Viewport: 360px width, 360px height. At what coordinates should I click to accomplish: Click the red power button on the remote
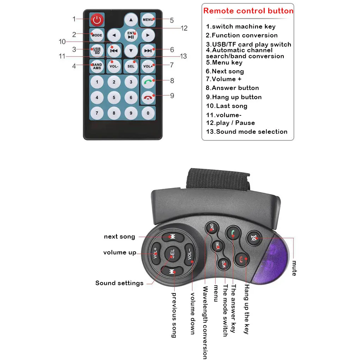tap(97, 20)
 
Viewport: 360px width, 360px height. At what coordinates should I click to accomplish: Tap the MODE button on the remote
tap(97, 35)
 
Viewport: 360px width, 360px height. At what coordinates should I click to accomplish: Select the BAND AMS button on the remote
tap(97, 66)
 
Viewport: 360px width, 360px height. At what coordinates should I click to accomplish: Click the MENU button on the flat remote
tap(148, 20)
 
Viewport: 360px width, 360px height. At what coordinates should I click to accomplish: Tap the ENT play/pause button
tap(131, 35)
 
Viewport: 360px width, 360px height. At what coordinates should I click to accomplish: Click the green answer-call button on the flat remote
tap(148, 82)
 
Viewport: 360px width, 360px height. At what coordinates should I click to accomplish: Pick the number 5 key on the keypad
tap(114, 97)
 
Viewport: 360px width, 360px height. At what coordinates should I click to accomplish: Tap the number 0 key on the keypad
tap(148, 113)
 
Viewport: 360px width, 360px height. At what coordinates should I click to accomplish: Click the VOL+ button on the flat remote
tap(148, 66)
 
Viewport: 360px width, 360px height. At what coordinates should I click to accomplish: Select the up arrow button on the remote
tap(131, 20)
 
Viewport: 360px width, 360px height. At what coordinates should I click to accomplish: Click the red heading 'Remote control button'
tap(248, 11)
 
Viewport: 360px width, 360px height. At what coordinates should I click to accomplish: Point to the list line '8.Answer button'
tap(232, 88)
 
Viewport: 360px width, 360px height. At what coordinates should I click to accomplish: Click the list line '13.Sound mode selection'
tap(247, 132)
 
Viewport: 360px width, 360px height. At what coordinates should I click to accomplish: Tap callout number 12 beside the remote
tap(184, 28)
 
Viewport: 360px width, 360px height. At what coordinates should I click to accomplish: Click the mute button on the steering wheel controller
tap(254, 238)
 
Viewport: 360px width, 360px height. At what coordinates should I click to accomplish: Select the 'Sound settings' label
tap(119, 283)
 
